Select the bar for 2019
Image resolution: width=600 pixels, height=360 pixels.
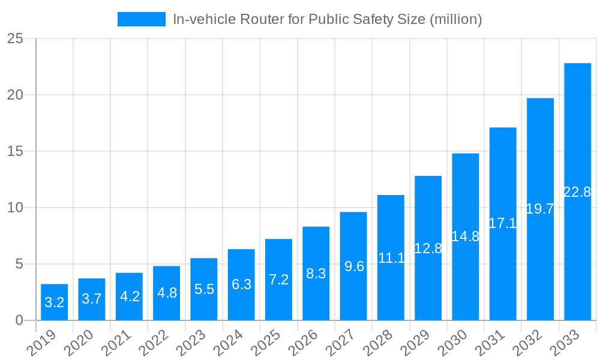pos(54,302)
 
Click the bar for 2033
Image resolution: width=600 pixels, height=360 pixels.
pos(577,191)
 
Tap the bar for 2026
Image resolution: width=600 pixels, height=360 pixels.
pos(316,273)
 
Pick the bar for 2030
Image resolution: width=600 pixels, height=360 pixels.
pos(466,236)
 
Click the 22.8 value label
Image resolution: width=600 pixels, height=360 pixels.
pos(577,192)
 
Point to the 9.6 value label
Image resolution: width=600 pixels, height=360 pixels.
pos(353,266)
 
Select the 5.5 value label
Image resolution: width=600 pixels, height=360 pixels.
pos(204,289)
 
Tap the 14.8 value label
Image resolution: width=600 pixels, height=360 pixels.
pos(466,236)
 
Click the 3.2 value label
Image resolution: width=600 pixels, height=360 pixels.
pos(54,302)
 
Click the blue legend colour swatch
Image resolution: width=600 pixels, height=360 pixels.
pos(142,19)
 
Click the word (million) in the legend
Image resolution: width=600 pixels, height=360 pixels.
pos(455,19)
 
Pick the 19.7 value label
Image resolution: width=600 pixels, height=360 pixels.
pos(540,209)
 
